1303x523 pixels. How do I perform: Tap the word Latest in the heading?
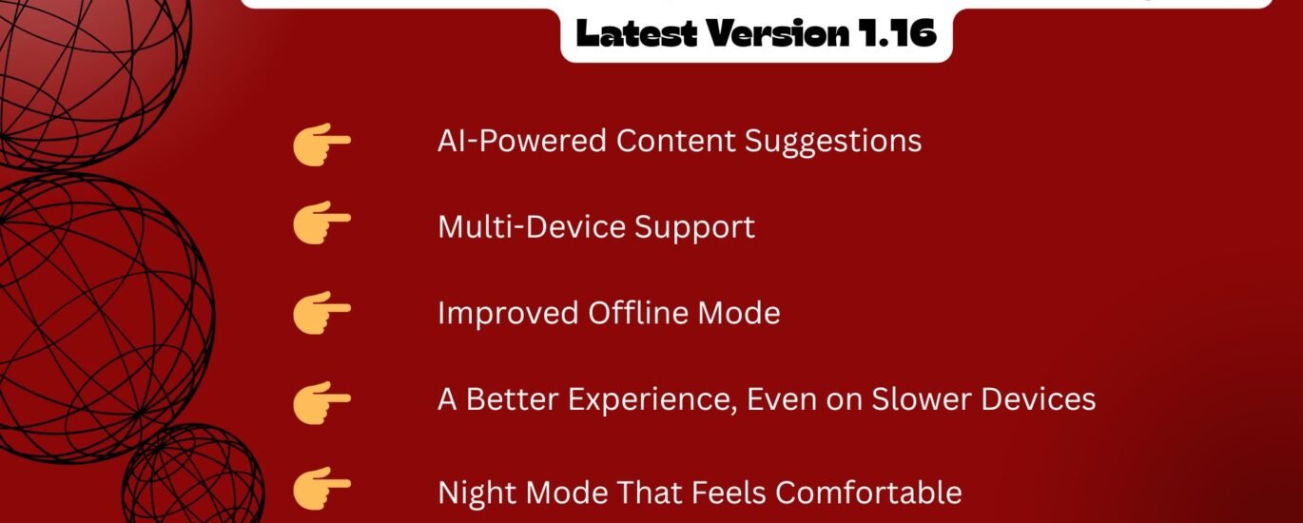click(636, 32)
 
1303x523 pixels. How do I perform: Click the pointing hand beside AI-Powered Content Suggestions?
click(321, 145)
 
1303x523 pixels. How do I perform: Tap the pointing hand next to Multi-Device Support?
click(321, 223)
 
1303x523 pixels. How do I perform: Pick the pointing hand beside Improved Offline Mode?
click(321, 313)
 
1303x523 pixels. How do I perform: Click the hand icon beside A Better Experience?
click(321, 403)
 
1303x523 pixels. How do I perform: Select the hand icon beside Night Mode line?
click(321, 489)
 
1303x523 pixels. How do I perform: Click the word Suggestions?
click(833, 143)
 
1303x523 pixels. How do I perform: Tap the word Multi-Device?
click(531, 227)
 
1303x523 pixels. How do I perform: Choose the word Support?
click(694, 228)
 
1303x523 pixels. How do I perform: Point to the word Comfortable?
click(868, 493)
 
